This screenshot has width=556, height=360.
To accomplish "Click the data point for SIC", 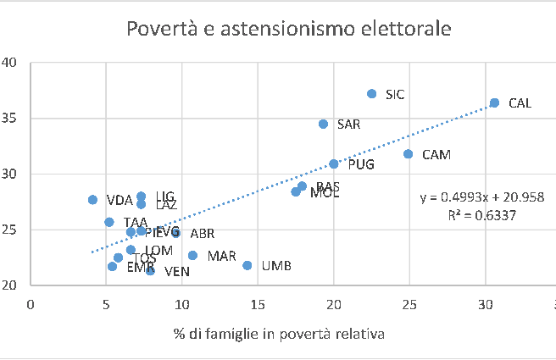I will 371,94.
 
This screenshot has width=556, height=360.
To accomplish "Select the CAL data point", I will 495,103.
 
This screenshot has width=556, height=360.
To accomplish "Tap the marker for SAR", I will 323,124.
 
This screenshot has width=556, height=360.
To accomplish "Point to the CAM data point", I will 408,154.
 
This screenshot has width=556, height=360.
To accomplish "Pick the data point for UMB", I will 247,265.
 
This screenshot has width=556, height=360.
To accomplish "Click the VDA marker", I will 92,200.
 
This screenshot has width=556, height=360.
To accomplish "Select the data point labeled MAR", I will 192,255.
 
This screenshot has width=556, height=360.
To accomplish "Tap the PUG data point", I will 334,163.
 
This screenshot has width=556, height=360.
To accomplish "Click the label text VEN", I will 176,272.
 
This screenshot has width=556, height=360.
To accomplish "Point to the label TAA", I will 136,223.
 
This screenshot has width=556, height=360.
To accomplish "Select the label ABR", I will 202,234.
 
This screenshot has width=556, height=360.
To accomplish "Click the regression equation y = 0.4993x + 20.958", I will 481,197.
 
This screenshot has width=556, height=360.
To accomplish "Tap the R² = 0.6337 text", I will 482,215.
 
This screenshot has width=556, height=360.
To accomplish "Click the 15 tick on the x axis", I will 258,303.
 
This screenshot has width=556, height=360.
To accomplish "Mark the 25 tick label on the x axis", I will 409,303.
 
